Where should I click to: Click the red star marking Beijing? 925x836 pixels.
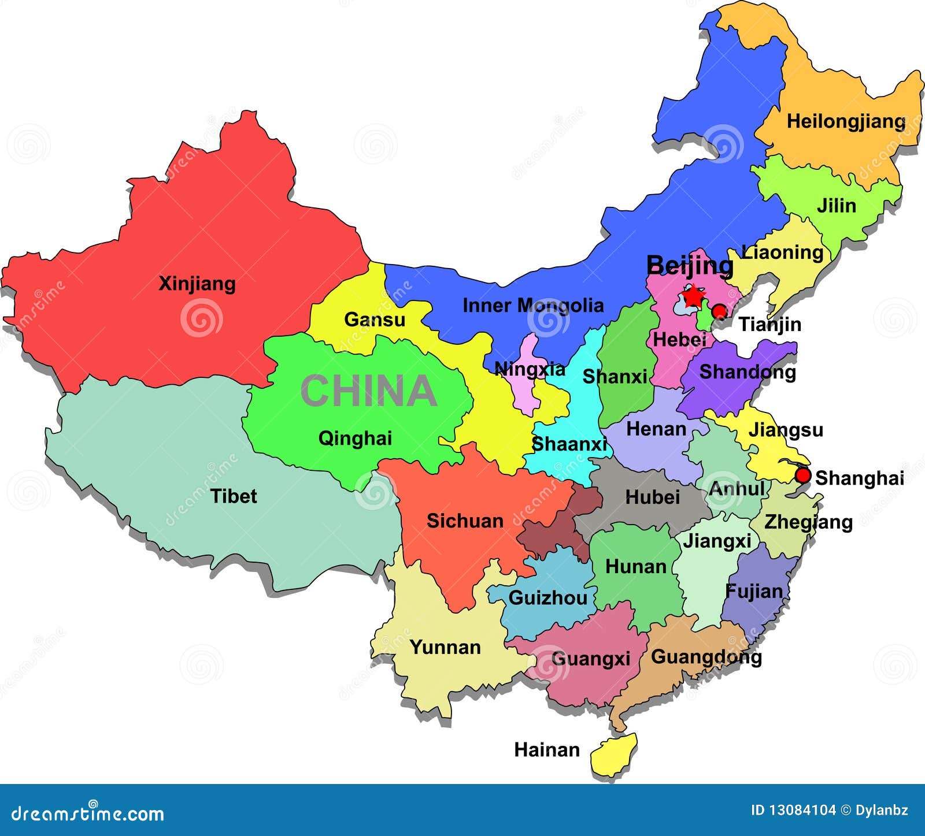[x=693, y=296]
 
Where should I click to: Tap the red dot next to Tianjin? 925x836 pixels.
[x=719, y=311]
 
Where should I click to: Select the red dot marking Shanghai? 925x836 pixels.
[x=802, y=475]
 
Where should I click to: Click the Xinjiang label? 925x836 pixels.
[x=197, y=284]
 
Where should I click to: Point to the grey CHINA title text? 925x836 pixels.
[x=368, y=391]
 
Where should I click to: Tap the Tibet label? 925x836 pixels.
[x=234, y=496]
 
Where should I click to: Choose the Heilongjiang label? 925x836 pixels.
[x=846, y=121]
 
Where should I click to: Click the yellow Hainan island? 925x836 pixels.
[x=614, y=755]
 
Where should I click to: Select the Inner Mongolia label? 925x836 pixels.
[x=533, y=305]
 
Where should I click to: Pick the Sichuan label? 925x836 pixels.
[x=465, y=521]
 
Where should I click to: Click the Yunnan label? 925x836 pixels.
[x=445, y=647]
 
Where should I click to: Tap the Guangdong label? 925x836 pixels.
[x=706, y=657]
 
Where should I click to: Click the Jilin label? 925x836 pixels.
[x=836, y=205]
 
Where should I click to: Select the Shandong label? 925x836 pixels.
[x=747, y=371]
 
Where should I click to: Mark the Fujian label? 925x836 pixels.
[x=754, y=591]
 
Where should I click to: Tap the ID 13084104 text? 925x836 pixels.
[x=793, y=810]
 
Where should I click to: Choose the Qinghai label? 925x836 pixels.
[x=355, y=439]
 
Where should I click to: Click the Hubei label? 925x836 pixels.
[x=652, y=497]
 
